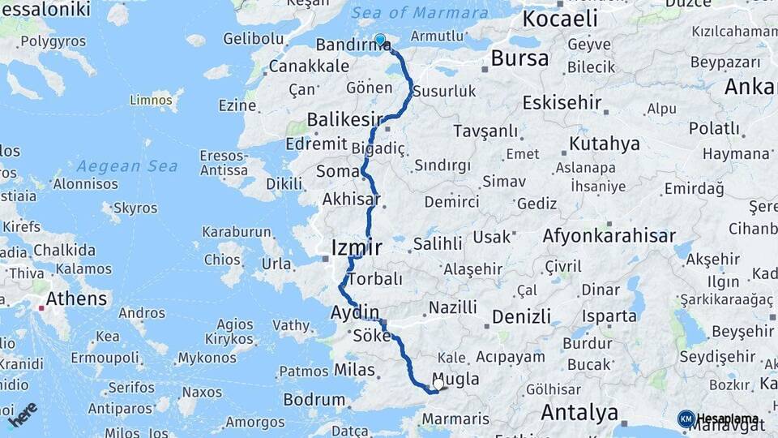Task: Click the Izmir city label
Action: tap(357, 247)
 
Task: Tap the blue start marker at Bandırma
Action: tap(380, 39)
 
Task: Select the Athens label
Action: tap(76, 298)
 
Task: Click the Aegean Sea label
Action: tap(127, 166)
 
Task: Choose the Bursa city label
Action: tap(519, 58)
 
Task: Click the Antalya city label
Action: tap(579, 412)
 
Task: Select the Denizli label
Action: tap(521, 316)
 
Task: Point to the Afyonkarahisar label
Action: tap(609, 236)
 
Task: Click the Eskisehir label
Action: tap(562, 103)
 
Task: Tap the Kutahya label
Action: tap(605, 144)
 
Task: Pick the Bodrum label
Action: tap(314, 399)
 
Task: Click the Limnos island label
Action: tap(151, 101)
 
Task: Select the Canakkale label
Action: tap(309, 66)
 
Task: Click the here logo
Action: tap(22, 414)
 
